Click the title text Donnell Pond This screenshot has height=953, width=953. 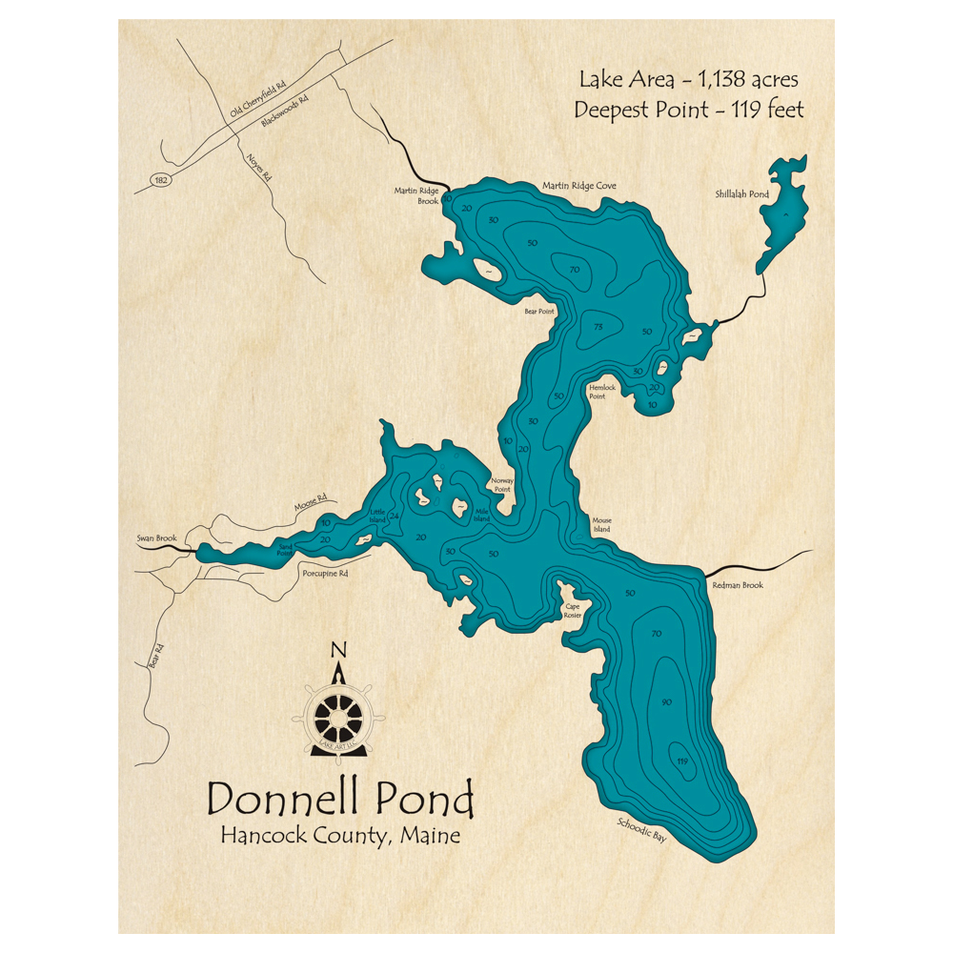340,799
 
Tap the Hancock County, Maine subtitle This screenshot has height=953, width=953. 340,836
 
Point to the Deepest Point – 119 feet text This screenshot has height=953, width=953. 688,110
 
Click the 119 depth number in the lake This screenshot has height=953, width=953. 681,760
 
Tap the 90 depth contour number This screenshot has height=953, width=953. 666,702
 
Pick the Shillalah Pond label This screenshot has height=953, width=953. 741,194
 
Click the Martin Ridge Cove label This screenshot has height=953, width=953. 579,186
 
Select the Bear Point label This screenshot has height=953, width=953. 538,311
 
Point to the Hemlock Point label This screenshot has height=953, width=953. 602,392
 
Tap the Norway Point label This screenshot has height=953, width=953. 502,485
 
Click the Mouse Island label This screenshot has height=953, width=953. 600,523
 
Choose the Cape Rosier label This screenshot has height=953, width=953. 573,610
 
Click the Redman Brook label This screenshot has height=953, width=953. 740,585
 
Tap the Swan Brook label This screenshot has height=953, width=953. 156,538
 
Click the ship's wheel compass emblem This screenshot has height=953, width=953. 338,712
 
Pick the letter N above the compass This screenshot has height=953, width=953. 337,651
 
